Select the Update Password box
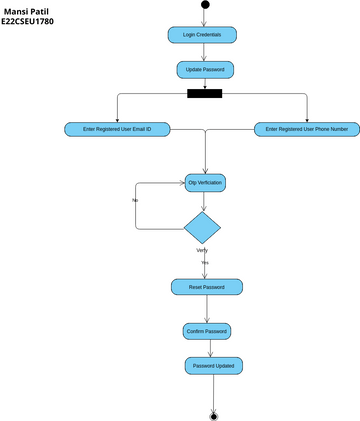click(206, 70)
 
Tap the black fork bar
click(205, 95)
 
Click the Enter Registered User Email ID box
click(118, 129)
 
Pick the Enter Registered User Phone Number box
click(307, 129)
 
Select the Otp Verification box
click(206, 183)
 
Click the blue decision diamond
click(203, 226)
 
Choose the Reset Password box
click(207, 287)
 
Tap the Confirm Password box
click(207, 331)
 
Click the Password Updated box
click(212, 366)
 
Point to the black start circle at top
click(205, 5)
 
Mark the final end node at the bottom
click(213, 414)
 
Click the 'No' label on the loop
click(135, 200)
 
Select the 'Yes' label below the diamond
click(204, 262)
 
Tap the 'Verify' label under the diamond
click(202, 250)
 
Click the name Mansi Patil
click(25, 9)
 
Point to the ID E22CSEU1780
click(28, 20)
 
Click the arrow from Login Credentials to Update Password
click(205, 52)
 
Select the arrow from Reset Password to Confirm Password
click(208, 309)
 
